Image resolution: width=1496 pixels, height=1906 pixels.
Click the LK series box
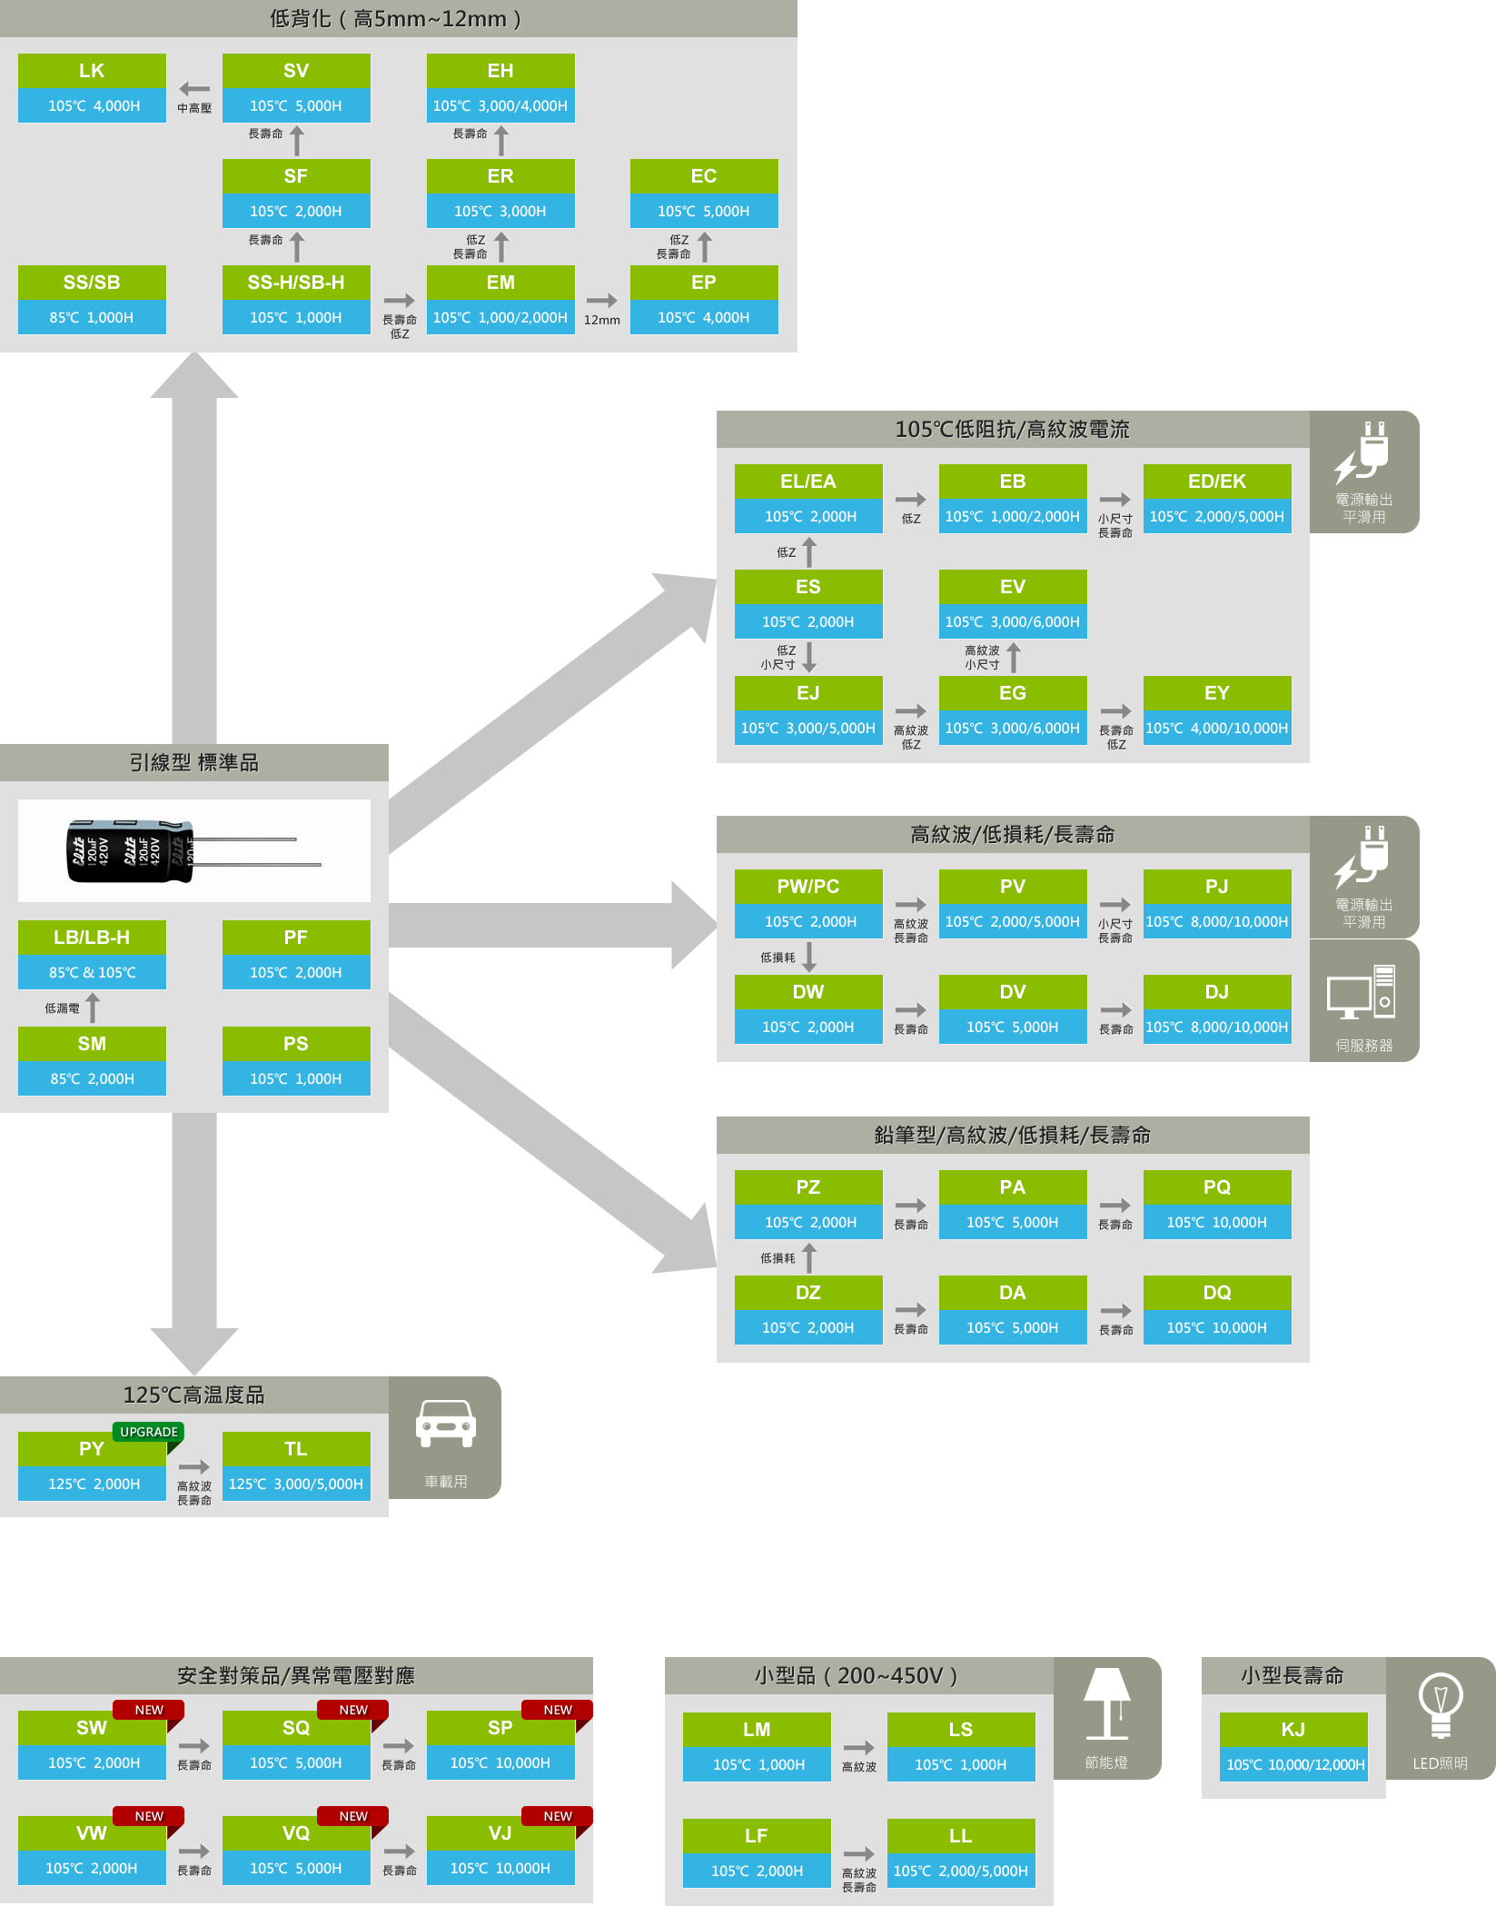(92, 87)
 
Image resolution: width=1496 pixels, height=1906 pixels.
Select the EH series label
(500, 71)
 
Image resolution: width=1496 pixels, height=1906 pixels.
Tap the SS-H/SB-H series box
(296, 300)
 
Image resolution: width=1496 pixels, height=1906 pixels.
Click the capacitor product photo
(193, 850)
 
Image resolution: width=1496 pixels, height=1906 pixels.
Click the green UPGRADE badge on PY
(149, 1432)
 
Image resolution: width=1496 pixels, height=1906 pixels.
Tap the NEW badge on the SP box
(558, 1710)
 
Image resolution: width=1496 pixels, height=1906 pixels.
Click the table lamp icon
(1106, 1702)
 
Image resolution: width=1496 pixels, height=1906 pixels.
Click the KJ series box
(1293, 1746)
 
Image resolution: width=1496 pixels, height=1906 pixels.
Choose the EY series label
(1217, 693)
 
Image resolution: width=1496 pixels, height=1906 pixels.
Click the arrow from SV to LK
(194, 89)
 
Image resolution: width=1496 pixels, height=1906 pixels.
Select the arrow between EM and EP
(601, 301)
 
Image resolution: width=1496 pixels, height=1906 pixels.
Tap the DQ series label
(1217, 1293)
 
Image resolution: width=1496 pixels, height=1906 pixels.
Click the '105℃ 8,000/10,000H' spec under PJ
(1217, 921)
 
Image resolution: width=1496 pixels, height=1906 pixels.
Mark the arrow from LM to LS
(859, 1748)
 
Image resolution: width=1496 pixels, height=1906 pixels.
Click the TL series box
(296, 1465)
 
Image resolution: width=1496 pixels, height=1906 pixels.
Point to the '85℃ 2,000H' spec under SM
(92, 1078)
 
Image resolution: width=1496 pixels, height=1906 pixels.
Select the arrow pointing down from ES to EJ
(809, 656)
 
